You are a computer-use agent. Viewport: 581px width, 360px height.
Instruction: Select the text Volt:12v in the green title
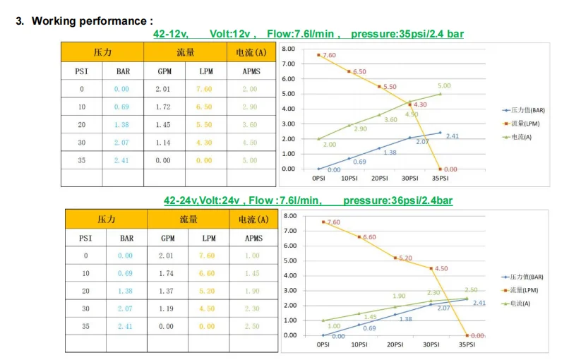click(232, 33)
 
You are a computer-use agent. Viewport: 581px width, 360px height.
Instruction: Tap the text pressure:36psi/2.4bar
click(397, 200)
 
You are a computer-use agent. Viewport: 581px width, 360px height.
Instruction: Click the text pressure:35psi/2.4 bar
click(407, 33)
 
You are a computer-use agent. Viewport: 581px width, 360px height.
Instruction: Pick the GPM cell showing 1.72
click(164, 107)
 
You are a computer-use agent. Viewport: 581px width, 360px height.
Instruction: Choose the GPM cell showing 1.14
click(164, 142)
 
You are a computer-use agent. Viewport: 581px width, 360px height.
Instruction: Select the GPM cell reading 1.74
click(167, 273)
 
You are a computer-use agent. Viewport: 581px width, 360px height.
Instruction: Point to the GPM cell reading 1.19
click(167, 308)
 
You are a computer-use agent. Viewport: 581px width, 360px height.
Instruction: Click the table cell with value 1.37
click(167, 291)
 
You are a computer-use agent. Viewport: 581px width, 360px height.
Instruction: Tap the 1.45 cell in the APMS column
click(251, 273)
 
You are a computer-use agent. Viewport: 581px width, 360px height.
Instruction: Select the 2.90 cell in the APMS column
click(249, 107)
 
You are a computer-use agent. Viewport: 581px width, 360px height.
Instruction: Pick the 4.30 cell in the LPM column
click(204, 142)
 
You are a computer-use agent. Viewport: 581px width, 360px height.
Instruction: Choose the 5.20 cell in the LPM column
click(208, 291)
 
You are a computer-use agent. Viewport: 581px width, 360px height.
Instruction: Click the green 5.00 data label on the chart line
click(443, 86)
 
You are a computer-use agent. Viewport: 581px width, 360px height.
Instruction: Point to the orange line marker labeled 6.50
click(349, 71)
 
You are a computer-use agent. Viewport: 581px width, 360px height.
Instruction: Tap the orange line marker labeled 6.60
click(359, 236)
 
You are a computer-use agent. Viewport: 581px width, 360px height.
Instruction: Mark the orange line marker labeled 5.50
click(379, 86)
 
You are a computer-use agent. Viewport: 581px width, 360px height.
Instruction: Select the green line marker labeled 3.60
click(379, 114)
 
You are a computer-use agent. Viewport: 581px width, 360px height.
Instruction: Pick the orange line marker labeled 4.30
click(410, 104)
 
